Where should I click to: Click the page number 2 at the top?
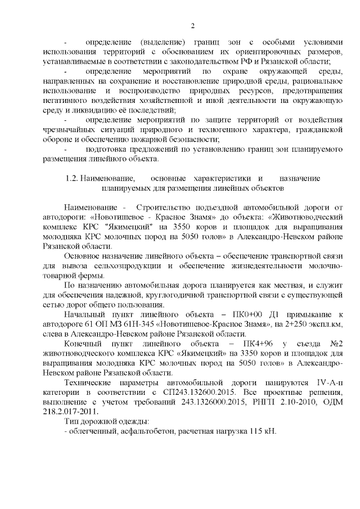pyautogui.click(x=192, y=25)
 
